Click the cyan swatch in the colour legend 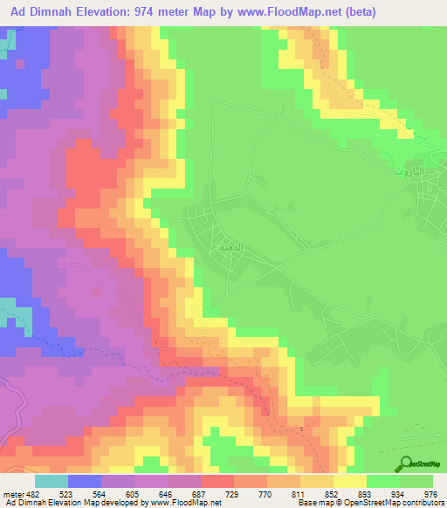(52, 480)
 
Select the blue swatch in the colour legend (85, 480)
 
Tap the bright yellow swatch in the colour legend (350, 480)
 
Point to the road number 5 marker (302, 428)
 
